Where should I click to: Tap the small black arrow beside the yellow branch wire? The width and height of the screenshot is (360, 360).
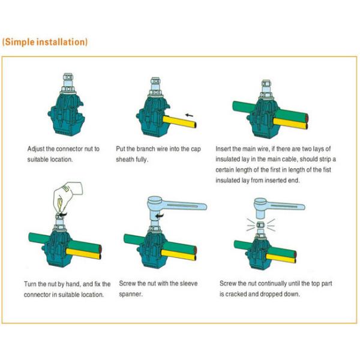click(190, 115)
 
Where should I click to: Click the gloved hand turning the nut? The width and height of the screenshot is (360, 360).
click(67, 196)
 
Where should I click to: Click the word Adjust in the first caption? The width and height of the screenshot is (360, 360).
click(36, 149)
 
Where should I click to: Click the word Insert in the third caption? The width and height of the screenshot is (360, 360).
click(223, 149)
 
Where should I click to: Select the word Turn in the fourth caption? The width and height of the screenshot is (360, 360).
click(30, 284)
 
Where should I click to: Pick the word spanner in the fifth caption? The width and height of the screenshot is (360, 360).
click(131, 294)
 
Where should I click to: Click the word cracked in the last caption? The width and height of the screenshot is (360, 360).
click(236, 294)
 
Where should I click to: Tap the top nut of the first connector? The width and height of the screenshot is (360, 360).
click(68, 76)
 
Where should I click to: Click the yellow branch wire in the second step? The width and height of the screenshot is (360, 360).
click(179, 121)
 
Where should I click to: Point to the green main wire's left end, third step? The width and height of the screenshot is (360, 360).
click(234, 106)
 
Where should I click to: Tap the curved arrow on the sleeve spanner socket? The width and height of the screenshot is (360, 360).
click(160, 215)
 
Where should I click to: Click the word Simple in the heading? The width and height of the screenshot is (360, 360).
click(20, 42)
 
